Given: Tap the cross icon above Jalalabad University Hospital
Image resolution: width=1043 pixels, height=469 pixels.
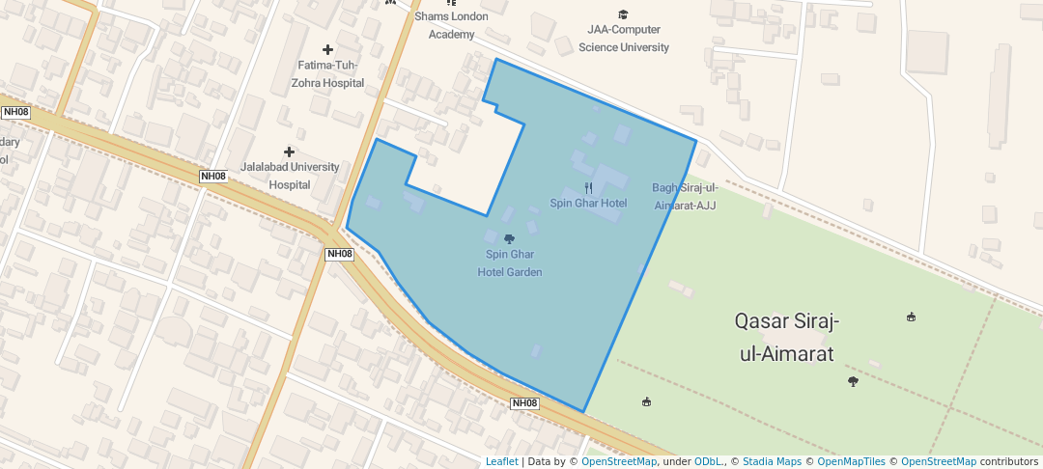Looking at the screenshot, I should [x=289, y=152].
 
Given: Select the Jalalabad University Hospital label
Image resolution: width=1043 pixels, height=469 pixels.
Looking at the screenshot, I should [x=290, y=176].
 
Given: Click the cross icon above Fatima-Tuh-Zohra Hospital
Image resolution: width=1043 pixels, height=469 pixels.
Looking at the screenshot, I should [x=327, y=49].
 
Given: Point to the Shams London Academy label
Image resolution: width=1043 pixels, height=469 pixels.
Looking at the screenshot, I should [x=452, y=25].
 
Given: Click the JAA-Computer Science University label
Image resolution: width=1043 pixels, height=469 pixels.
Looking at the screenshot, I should [x=624, y=39].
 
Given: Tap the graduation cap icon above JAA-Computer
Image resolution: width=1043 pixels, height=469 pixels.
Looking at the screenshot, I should [x=623, y=14].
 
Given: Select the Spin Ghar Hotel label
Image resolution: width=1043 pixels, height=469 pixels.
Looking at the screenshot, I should [x=588, y=204].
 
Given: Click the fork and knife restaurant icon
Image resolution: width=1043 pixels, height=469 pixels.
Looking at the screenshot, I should [x=588, y=188].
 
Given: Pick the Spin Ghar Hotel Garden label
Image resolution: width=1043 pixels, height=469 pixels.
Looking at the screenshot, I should [x=510, y=263].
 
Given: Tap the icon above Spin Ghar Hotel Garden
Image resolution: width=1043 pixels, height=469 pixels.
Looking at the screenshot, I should [x=510, y=238].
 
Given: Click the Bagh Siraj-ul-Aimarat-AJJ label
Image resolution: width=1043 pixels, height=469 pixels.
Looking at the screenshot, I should [x=684, y=196].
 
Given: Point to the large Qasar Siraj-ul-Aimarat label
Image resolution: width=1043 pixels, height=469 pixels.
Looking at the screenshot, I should [x=786, y=336].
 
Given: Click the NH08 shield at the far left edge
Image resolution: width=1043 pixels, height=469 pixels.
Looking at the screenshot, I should [x=15, y=112].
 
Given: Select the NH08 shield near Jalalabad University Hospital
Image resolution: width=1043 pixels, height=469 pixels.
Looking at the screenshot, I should [x=213, y=176].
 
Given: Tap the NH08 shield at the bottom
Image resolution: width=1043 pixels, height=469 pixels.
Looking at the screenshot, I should [x=524, y=402].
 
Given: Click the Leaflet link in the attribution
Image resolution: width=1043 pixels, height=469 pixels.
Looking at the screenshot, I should [x=501, y=462].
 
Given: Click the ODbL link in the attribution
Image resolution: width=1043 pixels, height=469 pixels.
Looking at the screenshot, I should [x=708, y=462].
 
